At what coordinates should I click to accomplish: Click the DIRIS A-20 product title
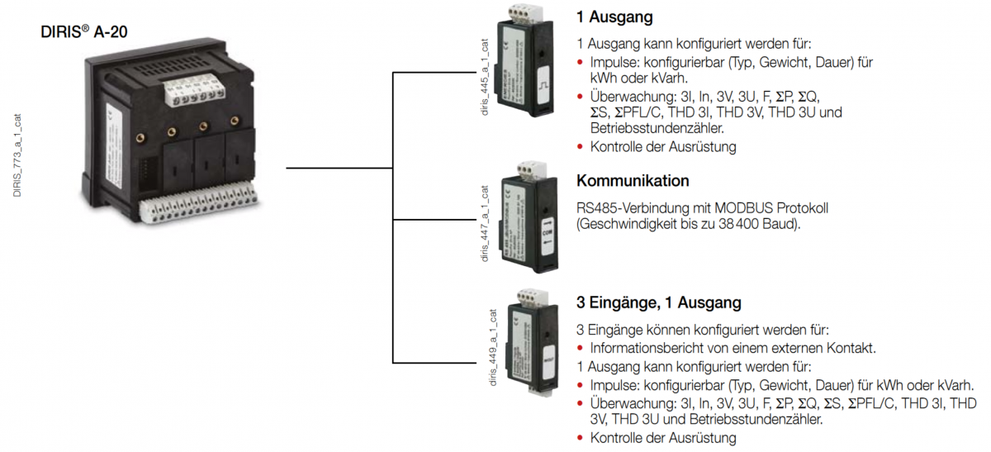[84, 33]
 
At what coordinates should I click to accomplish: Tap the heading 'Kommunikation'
[633, 181]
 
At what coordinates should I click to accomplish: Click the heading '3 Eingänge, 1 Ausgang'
[658, 302]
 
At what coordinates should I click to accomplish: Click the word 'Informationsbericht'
[646, 347]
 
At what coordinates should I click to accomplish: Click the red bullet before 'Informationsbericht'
[581, 348]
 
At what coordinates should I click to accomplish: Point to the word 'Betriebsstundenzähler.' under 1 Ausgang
[657, 128]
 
